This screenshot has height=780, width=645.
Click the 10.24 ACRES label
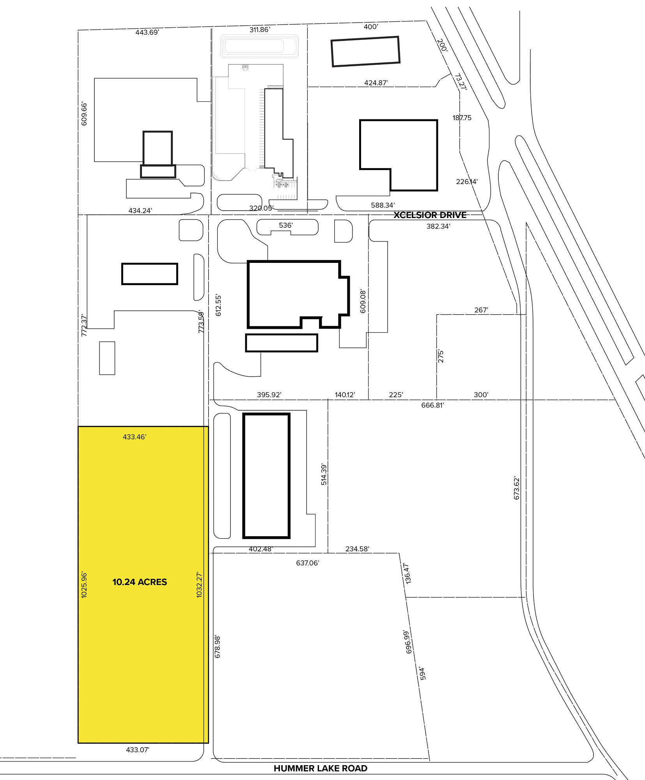140,582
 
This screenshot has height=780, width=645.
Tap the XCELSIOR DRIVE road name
430,215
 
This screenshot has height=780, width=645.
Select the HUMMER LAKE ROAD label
321,768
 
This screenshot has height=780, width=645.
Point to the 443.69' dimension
147,32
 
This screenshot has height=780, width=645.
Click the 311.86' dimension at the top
260,30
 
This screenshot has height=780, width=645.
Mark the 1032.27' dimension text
199,585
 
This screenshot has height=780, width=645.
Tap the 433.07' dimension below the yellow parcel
138,750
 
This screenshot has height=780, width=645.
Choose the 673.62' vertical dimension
517,488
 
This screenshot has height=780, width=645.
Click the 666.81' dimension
432,405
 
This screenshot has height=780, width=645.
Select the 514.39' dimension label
324,474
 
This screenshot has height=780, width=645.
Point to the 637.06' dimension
307,563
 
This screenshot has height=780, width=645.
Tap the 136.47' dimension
408,573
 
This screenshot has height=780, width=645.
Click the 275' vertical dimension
441,356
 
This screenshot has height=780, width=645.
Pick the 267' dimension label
481,310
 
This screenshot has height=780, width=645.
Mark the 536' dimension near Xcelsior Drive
286,225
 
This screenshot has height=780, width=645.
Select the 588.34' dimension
383,205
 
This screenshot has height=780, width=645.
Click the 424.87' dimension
376,83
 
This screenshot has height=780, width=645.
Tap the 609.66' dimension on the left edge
84,114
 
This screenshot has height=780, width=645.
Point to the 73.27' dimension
461,82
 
